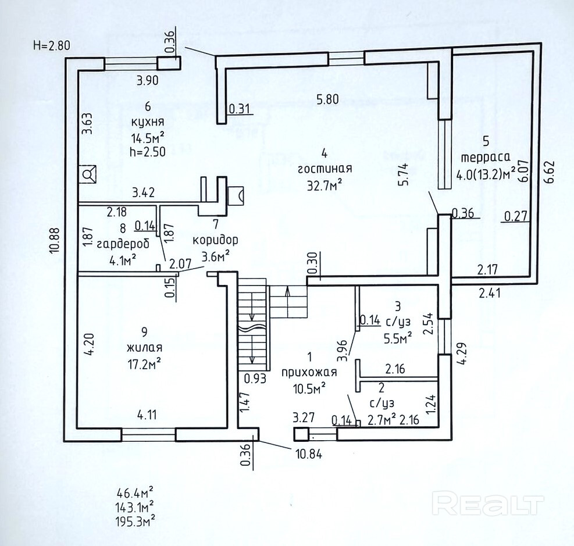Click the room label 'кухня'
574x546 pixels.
point(148,122)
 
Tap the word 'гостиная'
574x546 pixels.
point(325,169)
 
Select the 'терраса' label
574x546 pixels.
point(486,158)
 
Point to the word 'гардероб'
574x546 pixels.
point(123,244)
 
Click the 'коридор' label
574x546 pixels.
point(215,240)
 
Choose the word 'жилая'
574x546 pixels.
point(144,347)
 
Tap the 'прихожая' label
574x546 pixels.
point(309,373)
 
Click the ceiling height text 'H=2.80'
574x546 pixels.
point(51,46)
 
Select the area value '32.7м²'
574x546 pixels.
point(325,185)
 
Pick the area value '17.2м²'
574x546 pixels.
point(144,364)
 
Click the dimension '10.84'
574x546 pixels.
point(309,455)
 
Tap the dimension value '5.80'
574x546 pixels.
point(327,99)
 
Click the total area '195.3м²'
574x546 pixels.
point(135,520)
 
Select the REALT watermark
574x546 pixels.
point(487,505)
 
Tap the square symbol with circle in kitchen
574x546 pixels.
point(88,174)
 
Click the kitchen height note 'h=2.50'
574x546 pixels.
point(148,152)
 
